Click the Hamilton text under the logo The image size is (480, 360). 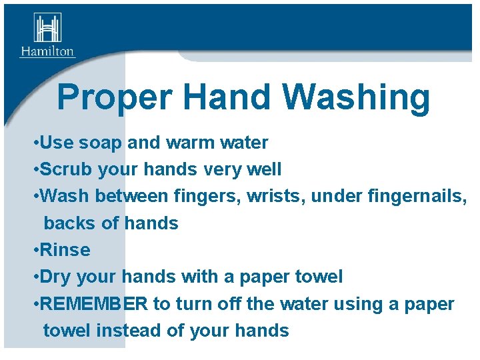(47, 51)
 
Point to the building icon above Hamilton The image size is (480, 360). (47, 28)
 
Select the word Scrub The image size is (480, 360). (66, 169)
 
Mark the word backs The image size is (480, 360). (69, 223)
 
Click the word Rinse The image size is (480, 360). (65, 250)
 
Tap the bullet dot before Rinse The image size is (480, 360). (35, 250)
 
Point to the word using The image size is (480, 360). (359, 304)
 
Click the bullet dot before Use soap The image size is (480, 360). (35, 143)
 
